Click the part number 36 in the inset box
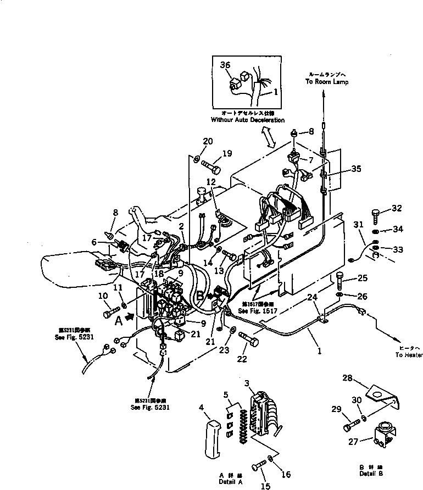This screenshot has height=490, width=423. (x=224, y=65)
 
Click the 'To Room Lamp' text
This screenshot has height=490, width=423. (x=327, y=81)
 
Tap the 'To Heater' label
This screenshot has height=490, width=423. (x=409, y=355)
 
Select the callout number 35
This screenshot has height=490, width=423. (x=357, y=170)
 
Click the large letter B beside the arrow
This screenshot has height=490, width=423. (x=201, y=297)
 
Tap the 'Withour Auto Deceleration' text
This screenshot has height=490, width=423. (x=247, y=120)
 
